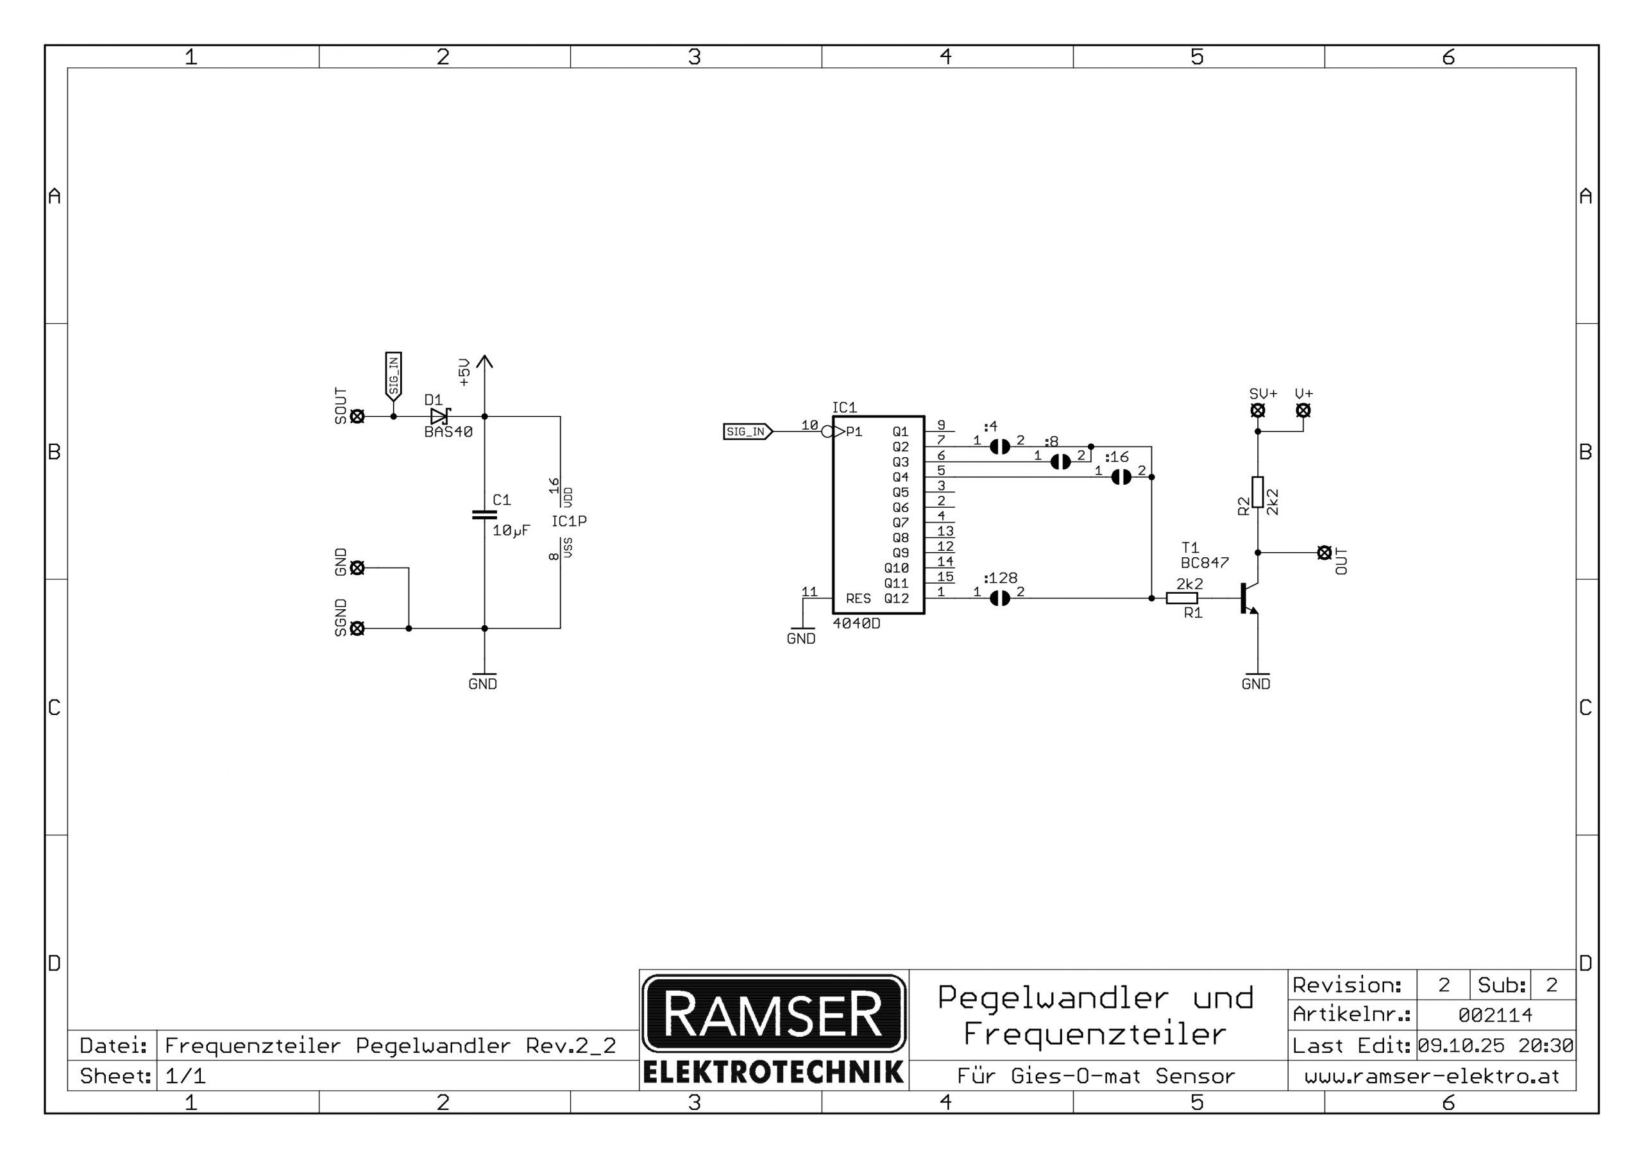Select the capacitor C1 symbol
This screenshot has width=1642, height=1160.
click(484, 514)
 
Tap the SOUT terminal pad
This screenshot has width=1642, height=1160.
click(357, 416)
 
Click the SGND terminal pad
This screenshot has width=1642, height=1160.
click(357, 628)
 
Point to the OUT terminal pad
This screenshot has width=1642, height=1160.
click(1324, 553)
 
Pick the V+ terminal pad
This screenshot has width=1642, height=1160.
click(1303, 410)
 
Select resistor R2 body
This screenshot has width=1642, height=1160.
click(1257, 492)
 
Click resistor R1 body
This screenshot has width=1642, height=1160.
click(1181, 598)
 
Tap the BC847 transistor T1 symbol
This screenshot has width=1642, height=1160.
click(1248, 598)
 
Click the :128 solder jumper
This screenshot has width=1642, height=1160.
click(1000, 598)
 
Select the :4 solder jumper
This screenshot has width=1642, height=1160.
click(1000, 446)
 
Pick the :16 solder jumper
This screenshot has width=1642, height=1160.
click(1121, 477)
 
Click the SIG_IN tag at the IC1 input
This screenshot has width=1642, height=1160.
click(747, 432)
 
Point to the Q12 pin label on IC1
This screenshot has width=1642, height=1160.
click(896, 598)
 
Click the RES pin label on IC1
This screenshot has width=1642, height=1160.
click(858, 598)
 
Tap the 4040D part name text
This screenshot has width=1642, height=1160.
click(856, 624)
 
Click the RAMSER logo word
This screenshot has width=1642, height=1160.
click(773, 1013)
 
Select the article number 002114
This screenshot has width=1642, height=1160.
click(1494, 1015)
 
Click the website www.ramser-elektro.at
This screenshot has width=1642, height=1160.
click(1432, 1077)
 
